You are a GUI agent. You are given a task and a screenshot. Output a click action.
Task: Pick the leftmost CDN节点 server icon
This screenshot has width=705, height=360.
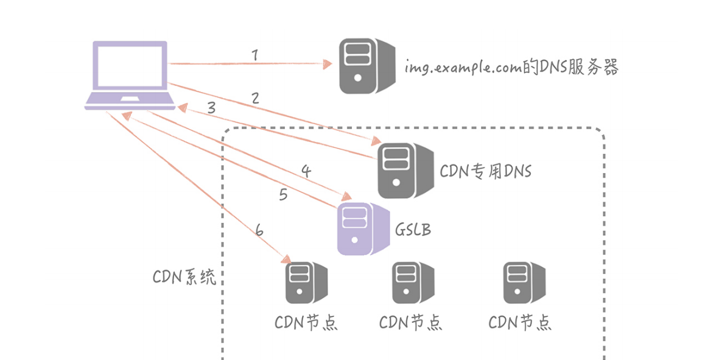(306, 283)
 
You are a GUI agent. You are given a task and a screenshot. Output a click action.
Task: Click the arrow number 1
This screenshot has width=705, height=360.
(254, 55)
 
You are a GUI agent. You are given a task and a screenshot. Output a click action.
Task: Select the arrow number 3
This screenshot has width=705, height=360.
(211, 108)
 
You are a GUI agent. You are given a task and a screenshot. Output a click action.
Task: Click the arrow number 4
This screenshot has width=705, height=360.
(306, 171)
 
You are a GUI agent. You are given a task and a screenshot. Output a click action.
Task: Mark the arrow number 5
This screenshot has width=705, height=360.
(283, 195)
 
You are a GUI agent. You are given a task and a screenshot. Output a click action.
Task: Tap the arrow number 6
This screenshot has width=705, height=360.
(259, 231)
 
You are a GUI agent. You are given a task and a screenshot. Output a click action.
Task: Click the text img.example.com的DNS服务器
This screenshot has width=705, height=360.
(512, 68)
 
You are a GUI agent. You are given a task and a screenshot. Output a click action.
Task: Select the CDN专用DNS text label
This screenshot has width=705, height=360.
(485, 171)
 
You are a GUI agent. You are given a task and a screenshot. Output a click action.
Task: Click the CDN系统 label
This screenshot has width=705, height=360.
(184, 278)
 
